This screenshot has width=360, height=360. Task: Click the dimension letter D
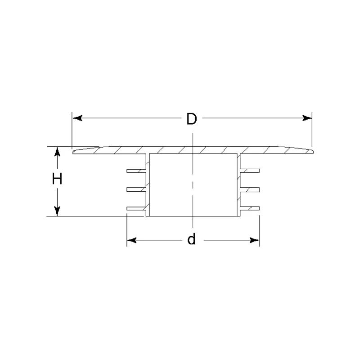[192, 119]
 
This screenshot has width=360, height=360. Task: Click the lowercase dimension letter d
[192, 240]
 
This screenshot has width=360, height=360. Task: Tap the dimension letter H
[57, 180]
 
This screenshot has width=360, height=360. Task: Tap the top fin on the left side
[136, 171]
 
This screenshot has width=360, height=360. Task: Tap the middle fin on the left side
[136, 189]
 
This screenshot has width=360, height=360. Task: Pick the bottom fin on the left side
[136, 208]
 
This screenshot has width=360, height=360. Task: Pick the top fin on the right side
[250, 171]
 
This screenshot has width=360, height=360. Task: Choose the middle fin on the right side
[250, 189]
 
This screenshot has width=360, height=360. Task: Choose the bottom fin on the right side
[250, 208]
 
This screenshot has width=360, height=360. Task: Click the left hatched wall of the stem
[147, 184]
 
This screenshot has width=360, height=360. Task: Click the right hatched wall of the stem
[238, 184]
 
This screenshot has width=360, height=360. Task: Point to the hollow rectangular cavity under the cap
[193, 184]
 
